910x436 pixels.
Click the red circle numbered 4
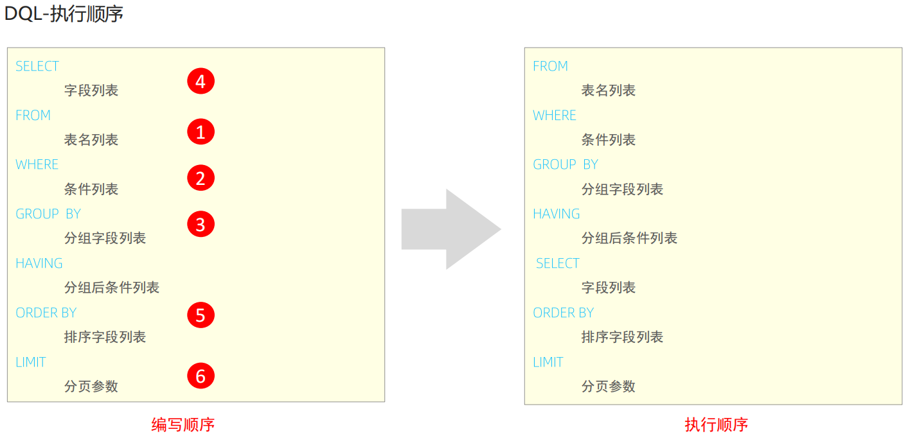tap(201, 82)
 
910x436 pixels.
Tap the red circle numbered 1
tap(201, 132)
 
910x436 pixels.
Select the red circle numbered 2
tap(201, 178)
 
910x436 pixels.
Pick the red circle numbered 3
tap(201, 224)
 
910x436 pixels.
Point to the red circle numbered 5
tap(201, 315)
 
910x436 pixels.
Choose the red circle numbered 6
tap(201, 376)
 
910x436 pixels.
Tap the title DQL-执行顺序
tap(64, 14)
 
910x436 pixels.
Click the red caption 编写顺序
tap(183, 424)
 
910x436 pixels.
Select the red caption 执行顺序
tap(717, 424)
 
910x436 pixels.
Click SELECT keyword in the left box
tap(37, 66)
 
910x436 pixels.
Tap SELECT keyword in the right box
tap(558, 263)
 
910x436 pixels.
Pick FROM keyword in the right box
tap(551, 66)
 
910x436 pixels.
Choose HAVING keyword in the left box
tap(39, 263)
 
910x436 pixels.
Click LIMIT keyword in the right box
tap(548, 362)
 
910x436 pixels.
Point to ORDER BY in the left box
tap(46, 313)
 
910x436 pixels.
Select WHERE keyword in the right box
tap(555, 116)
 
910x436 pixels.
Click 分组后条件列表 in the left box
tap(112, 288)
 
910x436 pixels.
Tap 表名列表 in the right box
tap(609, 91)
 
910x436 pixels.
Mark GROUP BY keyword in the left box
tap(48, 214)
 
